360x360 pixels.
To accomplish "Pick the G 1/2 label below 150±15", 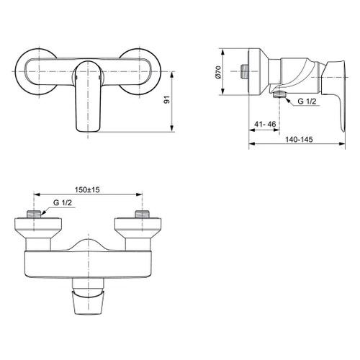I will point(63,204).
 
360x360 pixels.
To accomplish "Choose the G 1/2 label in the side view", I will point(306,102).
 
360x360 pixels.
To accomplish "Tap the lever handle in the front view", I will point(86,97).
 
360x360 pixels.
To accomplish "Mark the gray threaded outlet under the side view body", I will point(279,95).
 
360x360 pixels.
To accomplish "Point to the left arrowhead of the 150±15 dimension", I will point(37,194).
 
